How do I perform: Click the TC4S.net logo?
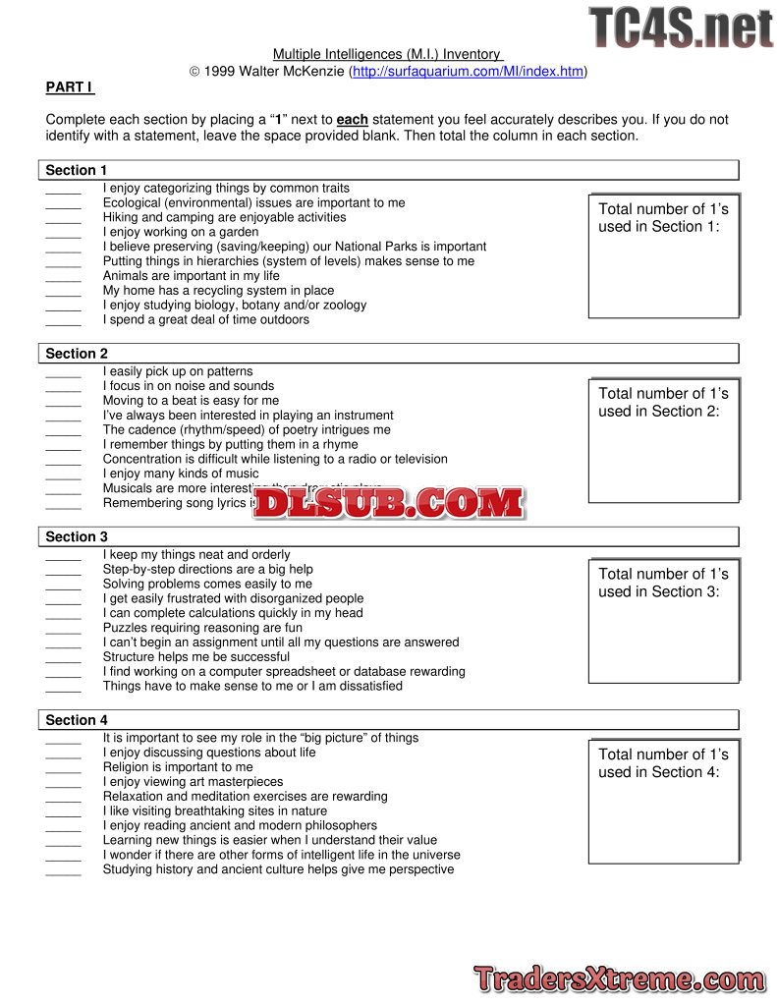tap(681, 27)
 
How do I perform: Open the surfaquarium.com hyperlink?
tap(469, 72)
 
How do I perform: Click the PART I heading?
tap(69, 87)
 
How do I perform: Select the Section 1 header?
tap(77, 170)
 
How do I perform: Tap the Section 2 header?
tap(77, 354)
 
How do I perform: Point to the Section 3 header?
tap(77, 537)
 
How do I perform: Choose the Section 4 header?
tap(77, 720)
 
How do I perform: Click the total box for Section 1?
tap(663, 255)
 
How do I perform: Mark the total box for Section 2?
tap(663, 440)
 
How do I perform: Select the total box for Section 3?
tap(663, 621)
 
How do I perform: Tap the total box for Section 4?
tap(663, 802)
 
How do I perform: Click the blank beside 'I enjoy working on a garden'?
tap(63, 234)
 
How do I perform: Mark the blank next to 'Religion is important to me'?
tap(63, 768)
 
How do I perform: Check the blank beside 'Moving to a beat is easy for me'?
tap(63, 402)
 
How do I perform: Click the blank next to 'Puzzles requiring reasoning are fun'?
tap(63, 629)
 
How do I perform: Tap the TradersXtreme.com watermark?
tap(619, 979)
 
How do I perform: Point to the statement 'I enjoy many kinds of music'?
tap(181, 474)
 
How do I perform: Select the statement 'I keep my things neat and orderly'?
tap(196, 555)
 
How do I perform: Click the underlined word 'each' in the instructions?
tap(353, 120)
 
